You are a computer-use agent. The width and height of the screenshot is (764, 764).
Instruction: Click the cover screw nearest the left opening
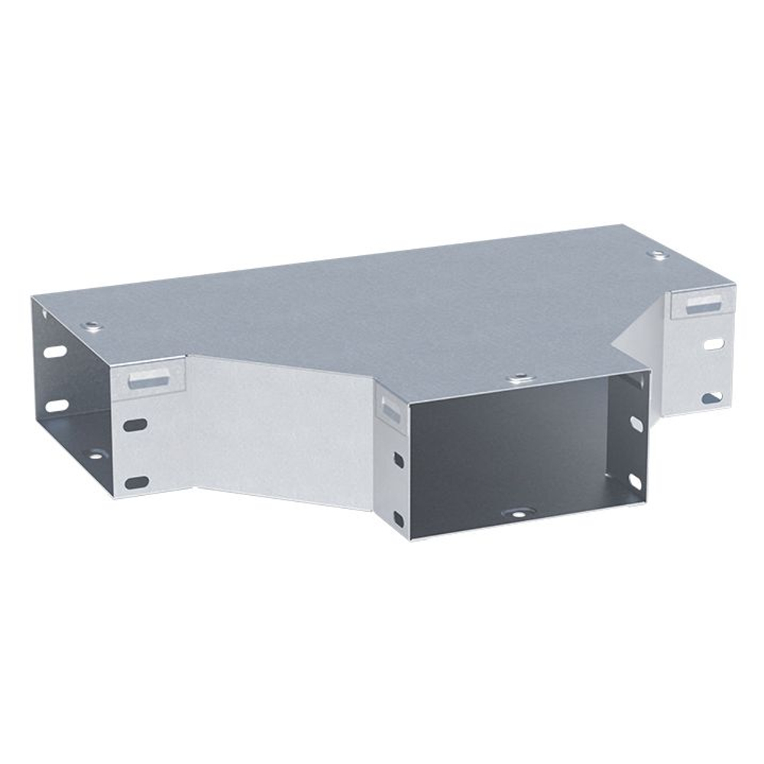[92, 326]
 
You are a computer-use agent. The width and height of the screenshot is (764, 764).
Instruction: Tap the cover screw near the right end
[656, 254]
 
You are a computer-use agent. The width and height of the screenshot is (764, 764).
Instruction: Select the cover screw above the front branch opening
[520, 377]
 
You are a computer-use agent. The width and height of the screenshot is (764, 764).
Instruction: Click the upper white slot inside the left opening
[55, 353]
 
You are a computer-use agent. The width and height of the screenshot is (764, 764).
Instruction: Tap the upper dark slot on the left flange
[135, 422]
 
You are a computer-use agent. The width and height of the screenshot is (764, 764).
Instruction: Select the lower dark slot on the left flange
[137, 481]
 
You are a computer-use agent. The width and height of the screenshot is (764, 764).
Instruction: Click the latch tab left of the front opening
[390, 409]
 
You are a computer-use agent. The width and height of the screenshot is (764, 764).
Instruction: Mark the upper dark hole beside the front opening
[398, 460]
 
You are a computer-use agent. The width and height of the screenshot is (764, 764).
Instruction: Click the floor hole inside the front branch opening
[517, 513]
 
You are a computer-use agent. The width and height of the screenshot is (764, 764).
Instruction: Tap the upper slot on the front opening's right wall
[635, 421]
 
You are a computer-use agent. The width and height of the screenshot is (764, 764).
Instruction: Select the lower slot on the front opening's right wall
[634, 482]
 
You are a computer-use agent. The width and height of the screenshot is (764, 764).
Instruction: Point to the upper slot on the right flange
[713, 344]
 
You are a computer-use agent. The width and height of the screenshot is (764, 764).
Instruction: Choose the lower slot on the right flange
[711, 397]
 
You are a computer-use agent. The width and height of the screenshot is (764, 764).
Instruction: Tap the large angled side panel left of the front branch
[283, 428]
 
